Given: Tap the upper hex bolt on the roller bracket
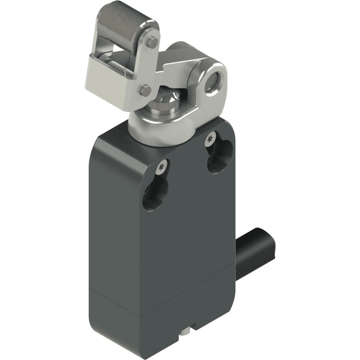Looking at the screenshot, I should pyautogui.click(x=152, y=42).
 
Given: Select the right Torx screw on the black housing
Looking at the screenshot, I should pyautogui.click(x=210, y=139).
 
